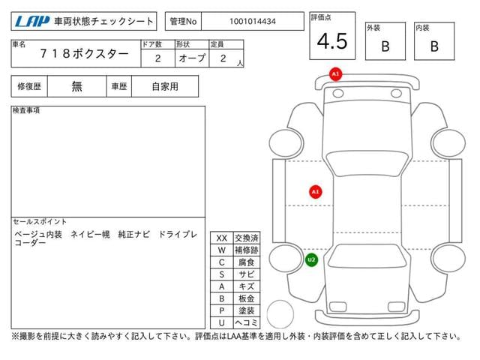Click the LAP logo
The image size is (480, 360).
tap(31, 22)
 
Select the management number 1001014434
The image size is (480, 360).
tap(253, 22)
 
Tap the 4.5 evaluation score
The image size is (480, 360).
tap(332, 41)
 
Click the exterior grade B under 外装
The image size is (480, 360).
tap(385, 46)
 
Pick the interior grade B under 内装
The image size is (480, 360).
tap(434, 46)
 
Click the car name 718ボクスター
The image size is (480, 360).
tap(84, 54)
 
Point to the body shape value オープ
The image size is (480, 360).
tap(192, 58)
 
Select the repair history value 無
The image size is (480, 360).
tap(76, 87)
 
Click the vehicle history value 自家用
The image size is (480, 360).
tap(165, 87)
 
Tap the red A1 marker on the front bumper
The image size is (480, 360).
tap(335, 74)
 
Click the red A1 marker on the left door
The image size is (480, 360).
tap(315, 192)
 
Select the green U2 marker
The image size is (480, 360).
tap(311, 260)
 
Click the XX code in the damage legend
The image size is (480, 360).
tap(222, 238)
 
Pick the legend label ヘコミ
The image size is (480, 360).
tap(247, 322)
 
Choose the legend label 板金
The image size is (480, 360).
tap(247, 298)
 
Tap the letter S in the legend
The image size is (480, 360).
tap(222, 274)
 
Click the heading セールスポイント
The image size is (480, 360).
tap(40, 221)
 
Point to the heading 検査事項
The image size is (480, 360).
tap(26, 110)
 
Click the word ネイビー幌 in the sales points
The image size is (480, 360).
tap(90, 235)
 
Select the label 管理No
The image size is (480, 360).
tap(183, 22)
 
